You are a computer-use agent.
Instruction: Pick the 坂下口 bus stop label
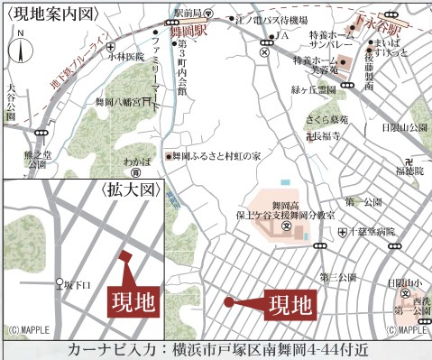click(x=81, y=286)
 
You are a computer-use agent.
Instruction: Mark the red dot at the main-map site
click(x=229, y=302)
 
